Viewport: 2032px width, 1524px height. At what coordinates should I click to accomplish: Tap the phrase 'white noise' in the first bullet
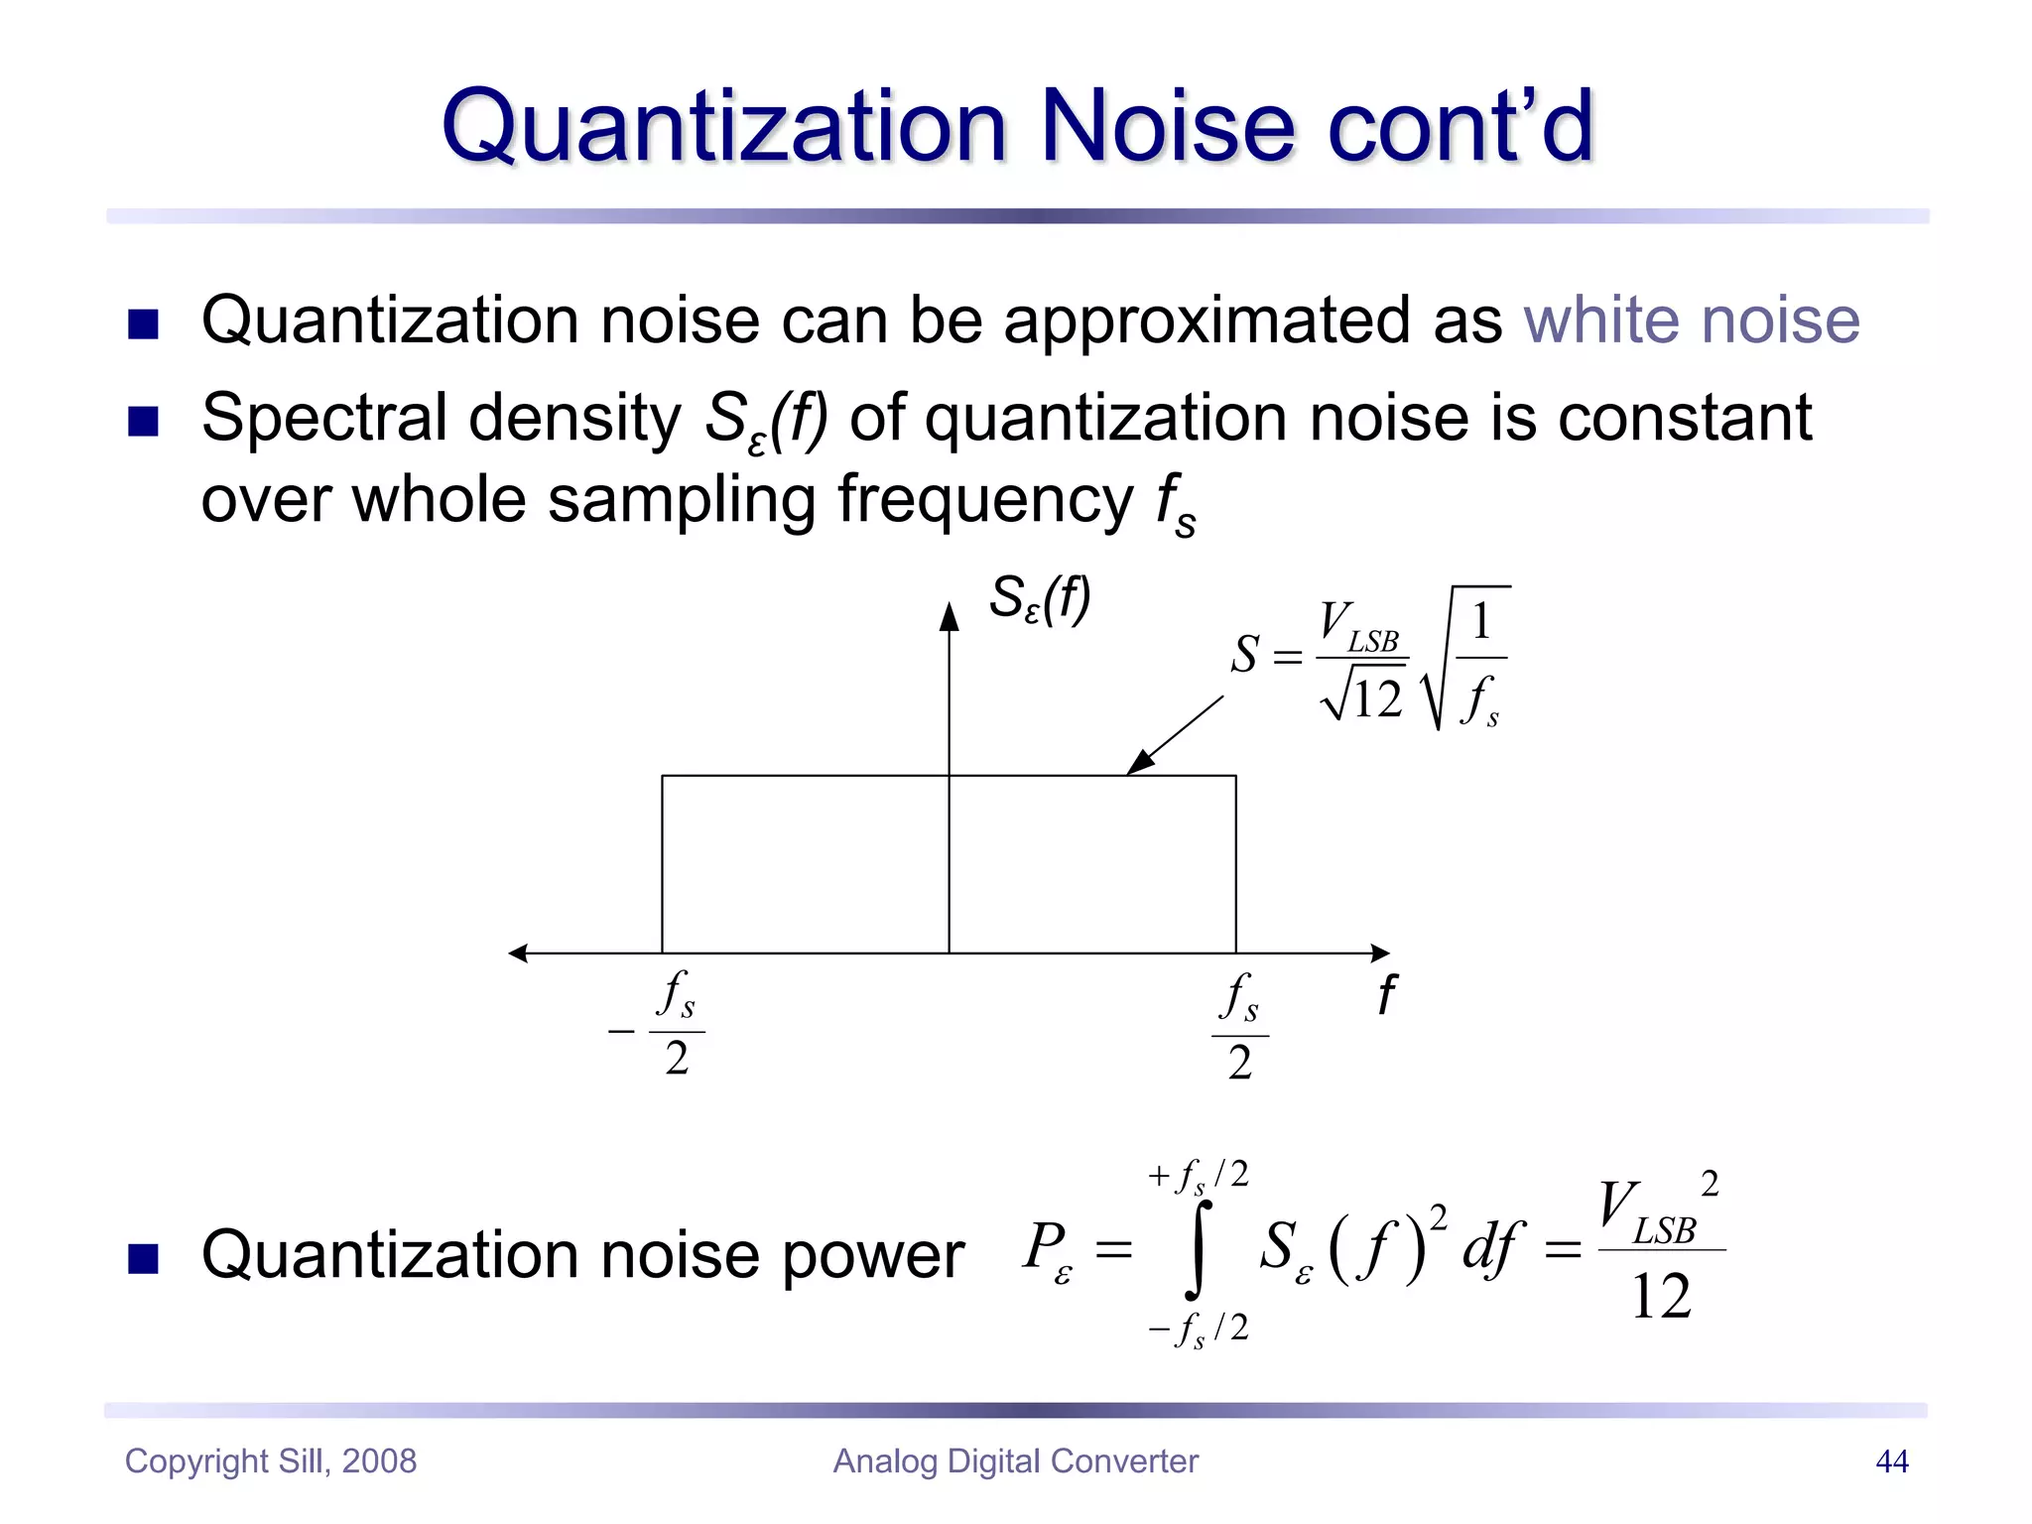[x=1691, y=320]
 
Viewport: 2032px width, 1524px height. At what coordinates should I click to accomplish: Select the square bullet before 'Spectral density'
[x=144, y=422]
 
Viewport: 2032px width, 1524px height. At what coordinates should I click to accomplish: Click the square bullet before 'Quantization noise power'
[x=144, y=1258]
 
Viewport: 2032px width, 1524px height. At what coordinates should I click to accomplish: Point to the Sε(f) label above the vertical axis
[x=1039, y=599]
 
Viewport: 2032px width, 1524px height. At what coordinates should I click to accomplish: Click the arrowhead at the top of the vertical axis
[x=950, y=616]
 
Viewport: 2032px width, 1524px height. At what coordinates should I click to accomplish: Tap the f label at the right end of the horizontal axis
[x=1386, y=994]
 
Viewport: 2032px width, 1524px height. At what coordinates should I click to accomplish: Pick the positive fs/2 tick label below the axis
[x=1239, y=1027]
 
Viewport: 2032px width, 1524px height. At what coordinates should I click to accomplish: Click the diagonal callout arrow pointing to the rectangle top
[x=1176, y=735]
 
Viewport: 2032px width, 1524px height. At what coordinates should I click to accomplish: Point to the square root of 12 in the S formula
[x=1362, y=696]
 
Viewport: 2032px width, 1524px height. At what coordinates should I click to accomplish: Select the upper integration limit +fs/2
[x=1198, y=1177]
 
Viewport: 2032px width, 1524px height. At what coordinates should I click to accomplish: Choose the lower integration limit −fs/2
[x=1198, y=1329]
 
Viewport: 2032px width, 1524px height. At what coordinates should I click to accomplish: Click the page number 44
[x=1891, y=1461]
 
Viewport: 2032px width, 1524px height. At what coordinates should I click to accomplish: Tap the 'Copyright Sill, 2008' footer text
[x=271, y=1461]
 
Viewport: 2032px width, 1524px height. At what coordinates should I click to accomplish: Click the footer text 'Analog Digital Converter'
[x=1015, y=1461]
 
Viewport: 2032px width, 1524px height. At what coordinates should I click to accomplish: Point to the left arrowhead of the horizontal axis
[x=518, y=953]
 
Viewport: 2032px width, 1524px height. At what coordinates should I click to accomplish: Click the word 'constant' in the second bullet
[x=1684, y=418]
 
